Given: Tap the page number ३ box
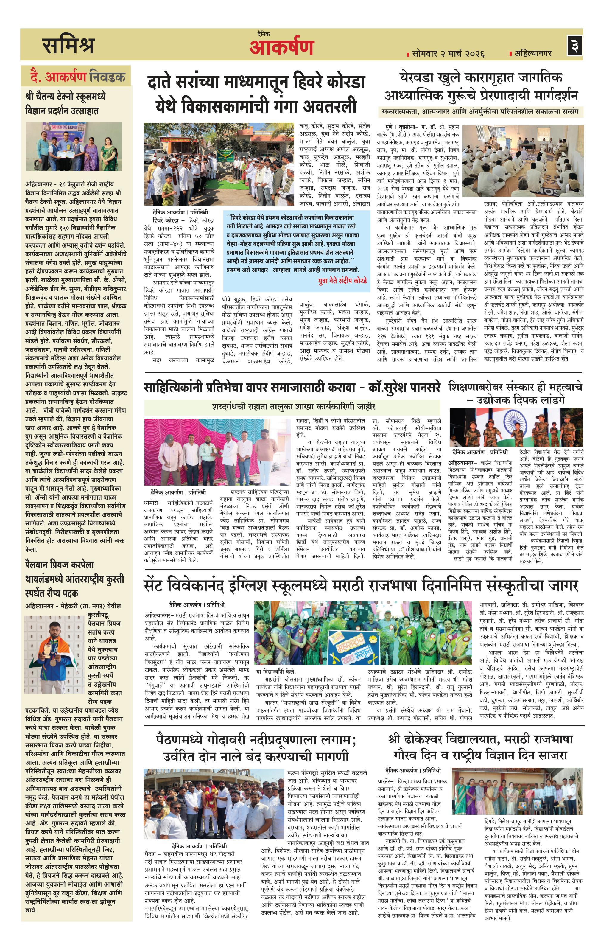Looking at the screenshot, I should click(x=574, y=45).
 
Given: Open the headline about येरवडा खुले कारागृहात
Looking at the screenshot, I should click(x=480, y=86).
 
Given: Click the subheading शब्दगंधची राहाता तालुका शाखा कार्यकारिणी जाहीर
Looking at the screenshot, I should click(x=293, y=406).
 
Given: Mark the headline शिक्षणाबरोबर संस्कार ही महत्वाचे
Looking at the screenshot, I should click(x=515, y=393).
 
